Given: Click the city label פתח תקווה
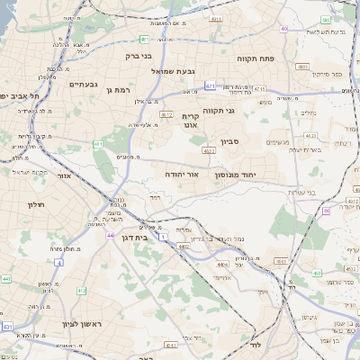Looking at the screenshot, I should tap(255, 58).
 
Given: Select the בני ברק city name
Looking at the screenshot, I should tap(136, 55).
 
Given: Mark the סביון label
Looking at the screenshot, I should tap(254, 142).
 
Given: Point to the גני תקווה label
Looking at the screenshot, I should tap(244, 111).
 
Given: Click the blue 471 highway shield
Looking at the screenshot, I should tap(210, 86).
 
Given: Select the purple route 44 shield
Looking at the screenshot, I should tap(111, 235).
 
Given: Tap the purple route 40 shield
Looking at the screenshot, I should tap(283, 29).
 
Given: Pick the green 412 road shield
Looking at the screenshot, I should tap(81, 291).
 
